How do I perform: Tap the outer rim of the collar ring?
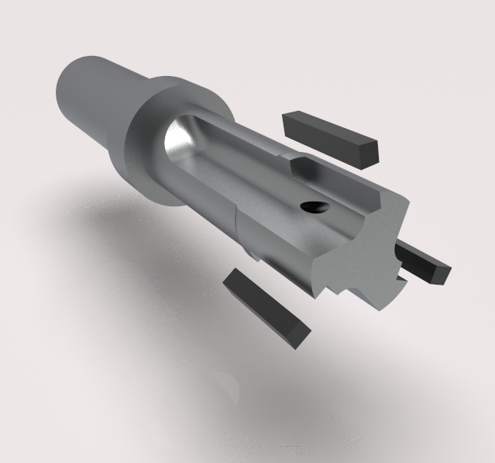[x=178, y=86]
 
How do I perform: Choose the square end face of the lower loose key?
[x=298, y=335]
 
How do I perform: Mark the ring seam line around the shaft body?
[x=235, y=233]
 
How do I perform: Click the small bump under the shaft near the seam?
[x=253, y=255]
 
